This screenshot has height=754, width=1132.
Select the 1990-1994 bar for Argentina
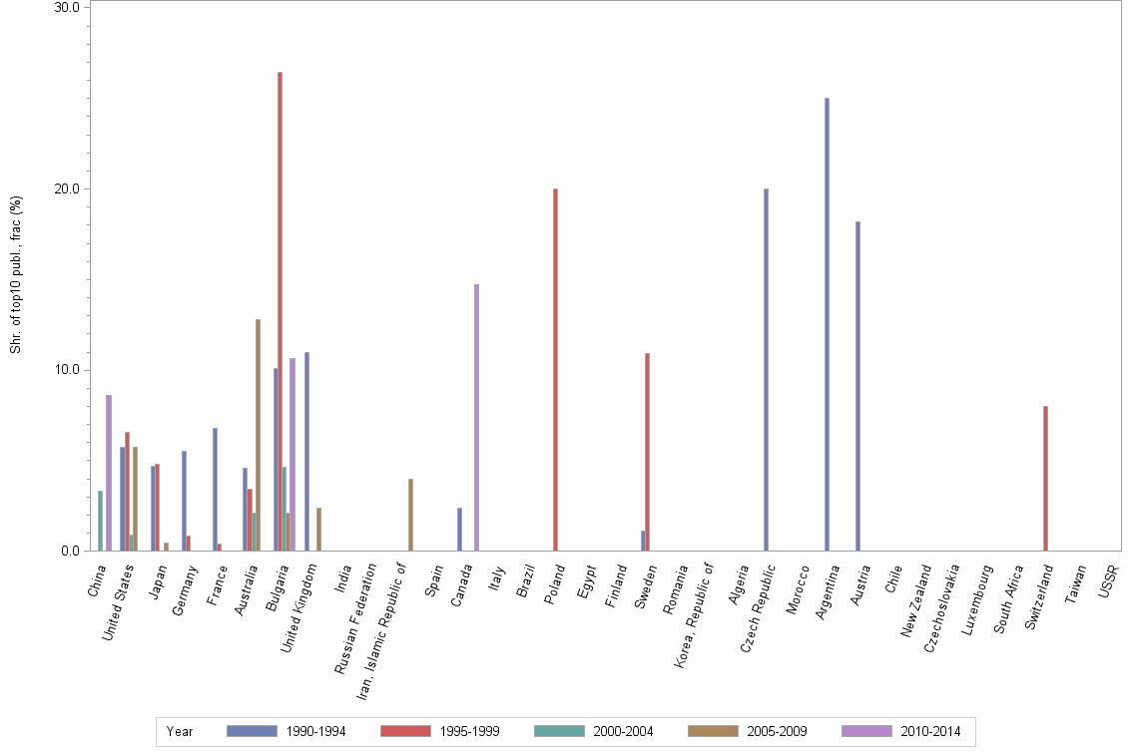(x=827, y=324)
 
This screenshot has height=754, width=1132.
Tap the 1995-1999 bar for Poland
(x=555, y=370)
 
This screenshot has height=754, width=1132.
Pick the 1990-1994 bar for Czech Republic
(x=766, y=370)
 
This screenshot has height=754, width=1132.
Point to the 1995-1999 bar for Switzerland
(x=1045, y=479)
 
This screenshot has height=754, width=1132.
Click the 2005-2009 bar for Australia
(x=258, y=435)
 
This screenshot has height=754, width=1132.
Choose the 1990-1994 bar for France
(x=215, y=490)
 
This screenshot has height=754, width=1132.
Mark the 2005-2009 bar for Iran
(x=410, y=515)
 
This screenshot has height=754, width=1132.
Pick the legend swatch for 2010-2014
(x=867, y=731)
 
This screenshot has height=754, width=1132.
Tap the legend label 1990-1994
(x=314, y=732)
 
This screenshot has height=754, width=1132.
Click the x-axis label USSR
(x=1108, y=580)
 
